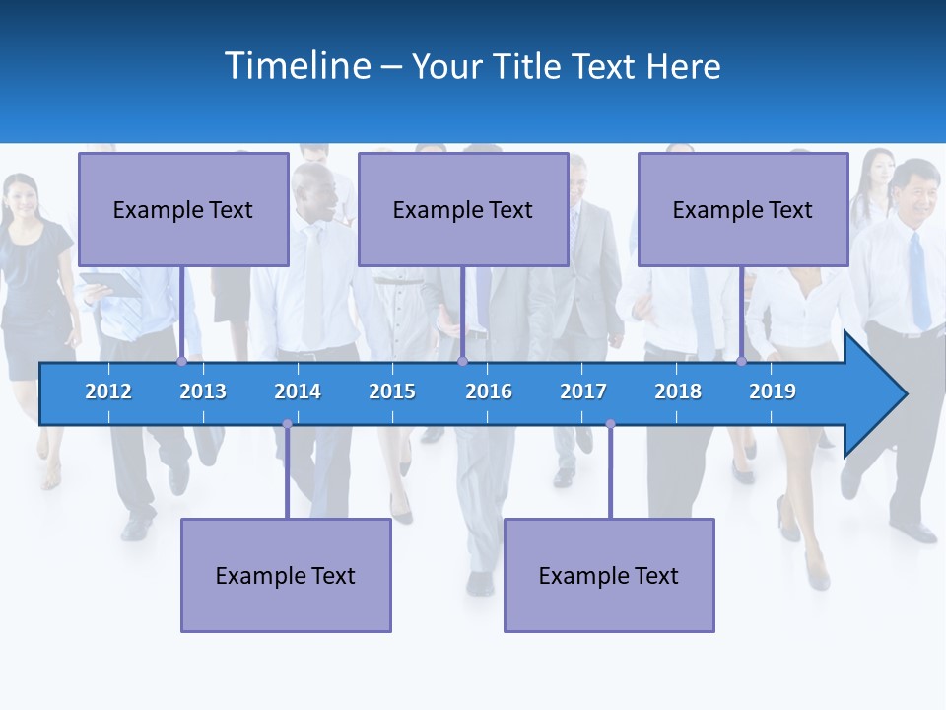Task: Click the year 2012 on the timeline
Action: [108, 391]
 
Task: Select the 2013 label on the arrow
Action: [203, 391]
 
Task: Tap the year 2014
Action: [298, 391]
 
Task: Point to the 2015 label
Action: [392, 391]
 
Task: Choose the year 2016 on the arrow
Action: [489, 391]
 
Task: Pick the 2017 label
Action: [583, 391]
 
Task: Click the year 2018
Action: [678, 391]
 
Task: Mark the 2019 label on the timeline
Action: [773, 391]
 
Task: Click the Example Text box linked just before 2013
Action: [183, 209]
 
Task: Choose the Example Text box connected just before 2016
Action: [463, 209]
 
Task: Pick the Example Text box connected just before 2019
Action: [743, 209]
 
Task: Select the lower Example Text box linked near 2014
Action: [286, 575]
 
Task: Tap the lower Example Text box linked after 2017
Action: [609, 575]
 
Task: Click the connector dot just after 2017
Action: [610, 424]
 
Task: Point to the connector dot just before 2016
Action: [462, 361]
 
